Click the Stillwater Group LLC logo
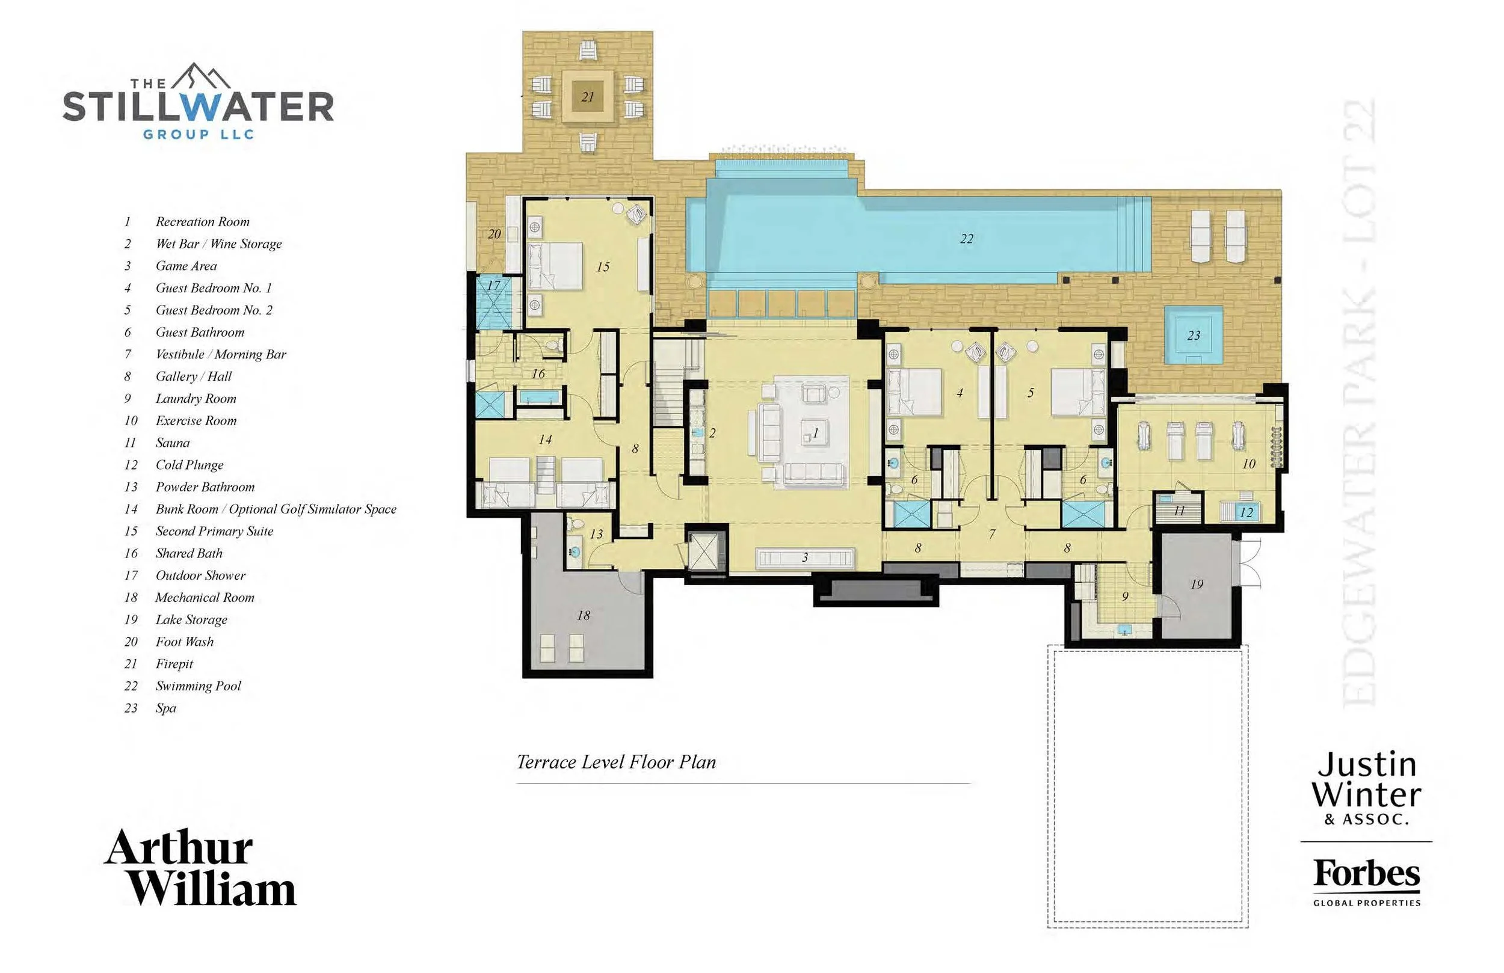(198, 101)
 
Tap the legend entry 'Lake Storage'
(191, 620)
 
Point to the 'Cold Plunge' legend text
(190, 465)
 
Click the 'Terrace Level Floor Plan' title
(616, 762)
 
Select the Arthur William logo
(200, 867)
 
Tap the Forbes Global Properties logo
(1367, 882)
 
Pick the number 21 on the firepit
(588, 97)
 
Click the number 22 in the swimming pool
(967, 239)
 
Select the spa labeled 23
(1194, 335)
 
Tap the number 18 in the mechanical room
(584, 615)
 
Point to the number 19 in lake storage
(1197, 585)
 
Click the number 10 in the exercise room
(1249, 464)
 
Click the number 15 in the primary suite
(603, 266)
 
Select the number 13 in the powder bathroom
(597, 534)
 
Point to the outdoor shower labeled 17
(493, 301)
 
